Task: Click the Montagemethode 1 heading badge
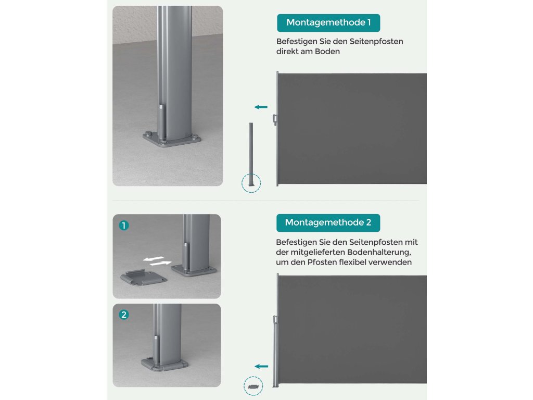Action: (x=328, y=23)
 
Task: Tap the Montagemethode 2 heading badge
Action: (x=328, y=223)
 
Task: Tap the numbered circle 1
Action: (x=124, y=226)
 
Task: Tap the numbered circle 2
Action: (x=124, y=315)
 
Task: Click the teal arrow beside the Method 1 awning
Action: (x=261, y=107)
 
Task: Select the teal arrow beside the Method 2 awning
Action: (x=261, y=366)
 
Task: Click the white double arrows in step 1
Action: (x=157, y=261)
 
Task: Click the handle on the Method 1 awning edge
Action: (x=275, y=120)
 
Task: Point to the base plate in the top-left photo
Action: (x=171, y=140)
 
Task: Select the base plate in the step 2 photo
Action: (x=164, y=364)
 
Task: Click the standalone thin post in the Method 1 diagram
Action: (x=251, y=154)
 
